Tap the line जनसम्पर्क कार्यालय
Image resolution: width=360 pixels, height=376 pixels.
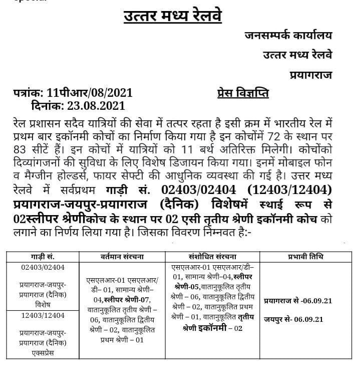(x=288, y=36)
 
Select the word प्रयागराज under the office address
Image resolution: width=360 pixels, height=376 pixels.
(x=310, y=75)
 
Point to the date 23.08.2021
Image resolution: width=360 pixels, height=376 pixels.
(x=93, y=106)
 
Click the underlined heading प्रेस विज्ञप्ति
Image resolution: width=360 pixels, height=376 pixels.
(x=243, y=94)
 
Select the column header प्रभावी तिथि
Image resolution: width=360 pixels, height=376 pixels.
(x=306, y=257)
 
